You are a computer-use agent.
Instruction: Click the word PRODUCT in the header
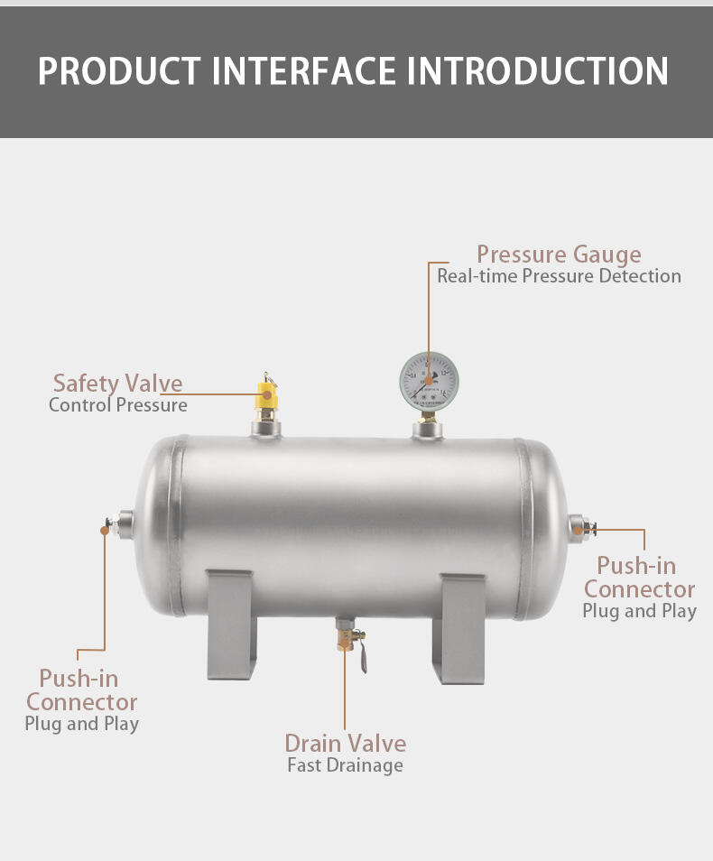[x=118, y=71]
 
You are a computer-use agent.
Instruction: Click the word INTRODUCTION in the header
[x=538, y=71]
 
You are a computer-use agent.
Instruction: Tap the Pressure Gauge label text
[x=559, y=255]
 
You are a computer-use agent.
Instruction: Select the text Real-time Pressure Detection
[x=559, y=276]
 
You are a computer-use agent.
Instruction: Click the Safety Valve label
[x=117, y=384]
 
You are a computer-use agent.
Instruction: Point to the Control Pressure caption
[x=117, y=405]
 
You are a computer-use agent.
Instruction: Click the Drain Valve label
[x=345, y=744]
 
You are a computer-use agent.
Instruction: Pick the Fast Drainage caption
[x=345, y=766]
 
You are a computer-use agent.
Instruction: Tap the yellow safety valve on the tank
[x=267, y=395]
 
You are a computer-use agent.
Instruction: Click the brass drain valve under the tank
[x=345, y=635]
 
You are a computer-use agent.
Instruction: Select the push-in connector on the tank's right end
[x=579, y=525]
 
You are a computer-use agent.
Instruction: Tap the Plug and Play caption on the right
[x=639, y=611]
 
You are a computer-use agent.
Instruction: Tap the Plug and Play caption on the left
[x=81, y=724]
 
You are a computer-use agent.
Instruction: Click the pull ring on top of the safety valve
[x=267, y=376]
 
